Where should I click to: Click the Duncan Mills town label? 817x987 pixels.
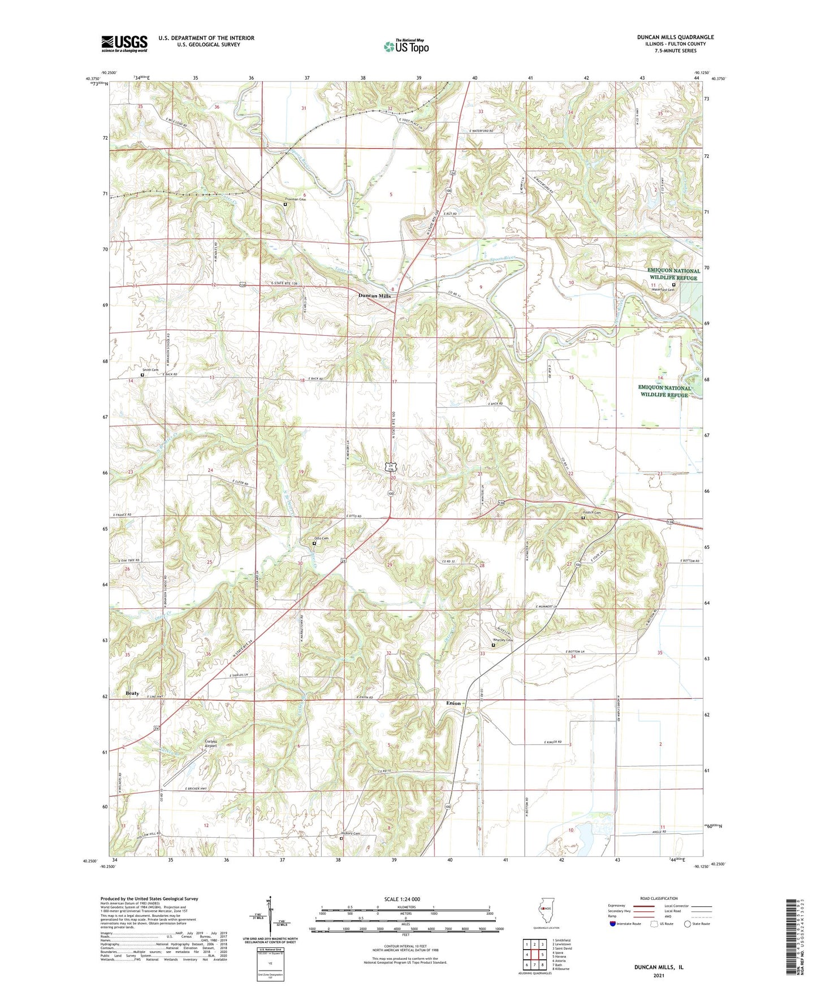[x=374, y=296]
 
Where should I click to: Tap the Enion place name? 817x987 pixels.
[x=453, y=703]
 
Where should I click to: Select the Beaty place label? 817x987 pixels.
[x=132, y=693]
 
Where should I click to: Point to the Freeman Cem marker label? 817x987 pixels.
[x=295, y=199]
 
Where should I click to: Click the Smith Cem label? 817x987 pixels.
[x=150, y=370]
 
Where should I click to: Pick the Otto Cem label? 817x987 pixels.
[x=321, y=538]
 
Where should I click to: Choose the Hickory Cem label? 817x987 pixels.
[x=351, y=833]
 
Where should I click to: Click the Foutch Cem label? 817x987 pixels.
[x=591, y=513]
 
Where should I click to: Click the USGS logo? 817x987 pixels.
[x=124, y=44]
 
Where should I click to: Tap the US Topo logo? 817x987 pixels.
[x=406, y=46]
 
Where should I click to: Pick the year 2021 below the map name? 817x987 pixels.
[x=658, y=975]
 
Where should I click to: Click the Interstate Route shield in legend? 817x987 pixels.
[x=613, y=924]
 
